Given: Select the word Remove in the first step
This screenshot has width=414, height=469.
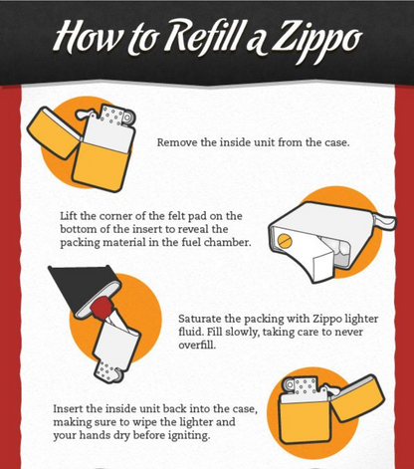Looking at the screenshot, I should [x=178, y=142].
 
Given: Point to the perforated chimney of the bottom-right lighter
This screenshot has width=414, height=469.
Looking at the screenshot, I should [x=303, y=386].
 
